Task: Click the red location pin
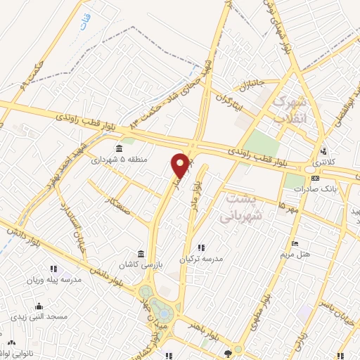click(181, 165)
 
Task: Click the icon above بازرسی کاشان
click(141, 253)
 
